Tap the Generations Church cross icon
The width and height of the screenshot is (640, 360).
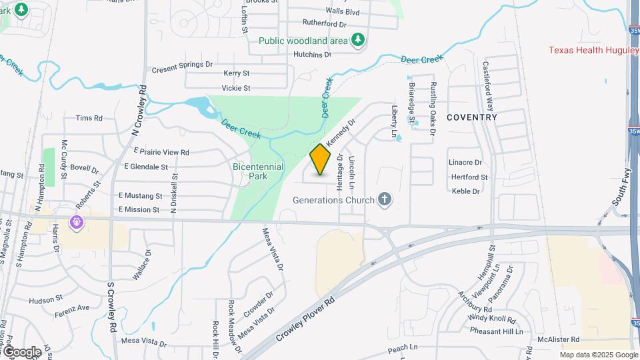(x=384, y=199)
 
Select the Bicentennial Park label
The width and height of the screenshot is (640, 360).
(x=259, y=171)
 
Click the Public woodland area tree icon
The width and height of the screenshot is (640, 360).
(x=358, y=40)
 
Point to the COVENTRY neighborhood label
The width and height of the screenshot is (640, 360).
(x=472, y=117)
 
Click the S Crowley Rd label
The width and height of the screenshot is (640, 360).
(x=112, y=307)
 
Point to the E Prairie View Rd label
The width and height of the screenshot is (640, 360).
(x=157, y=152)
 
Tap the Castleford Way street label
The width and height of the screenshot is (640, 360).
(x=489, y=87)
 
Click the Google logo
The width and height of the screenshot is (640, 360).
(x=21, y=351)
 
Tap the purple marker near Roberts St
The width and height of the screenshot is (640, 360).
(x=77, y=222)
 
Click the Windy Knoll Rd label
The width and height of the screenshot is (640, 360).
(x=497, y=319)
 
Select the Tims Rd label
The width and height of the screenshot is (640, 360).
(x=89, y=118)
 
